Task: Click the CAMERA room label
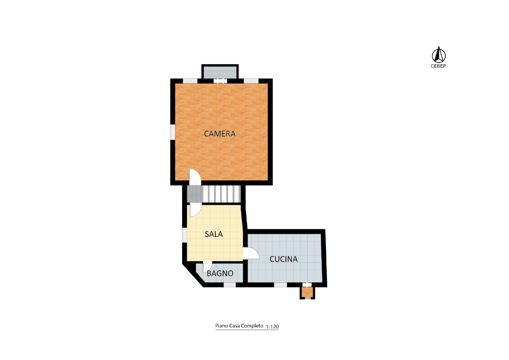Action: [x=220, y=134]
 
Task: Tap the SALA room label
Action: [x=213, y=234]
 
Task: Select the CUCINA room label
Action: [x=283, y=259]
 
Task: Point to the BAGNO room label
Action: [x=220, y=273]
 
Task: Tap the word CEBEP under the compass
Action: [x=438, y=66]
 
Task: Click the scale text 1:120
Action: [x=272, y=327]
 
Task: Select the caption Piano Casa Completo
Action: [x=239, y=326]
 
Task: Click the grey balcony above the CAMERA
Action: [x=220, y=72]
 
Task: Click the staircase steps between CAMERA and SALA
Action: [x=221, y=194]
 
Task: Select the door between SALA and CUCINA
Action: [x=251, y=253]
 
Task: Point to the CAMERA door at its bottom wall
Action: [x=195, y=177]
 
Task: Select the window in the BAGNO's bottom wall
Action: [x=229, y=285]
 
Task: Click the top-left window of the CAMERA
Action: [x=190, y=81]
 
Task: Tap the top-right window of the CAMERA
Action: [x=251, y=81]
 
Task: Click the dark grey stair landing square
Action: [x=195, y=194]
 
